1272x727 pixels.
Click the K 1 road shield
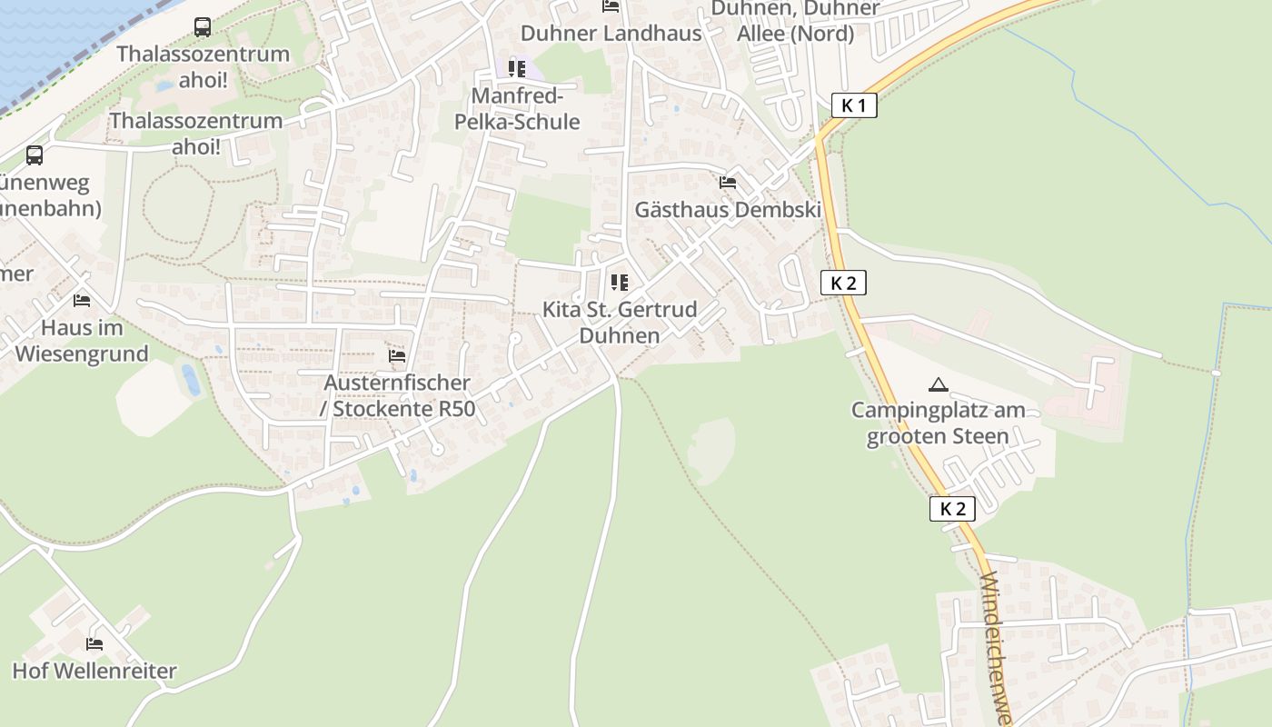pos(854,105)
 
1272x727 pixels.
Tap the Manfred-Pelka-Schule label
pos(525,109)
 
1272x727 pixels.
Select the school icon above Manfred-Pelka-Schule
pos(517,69)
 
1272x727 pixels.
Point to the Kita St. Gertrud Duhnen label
pos(620,322)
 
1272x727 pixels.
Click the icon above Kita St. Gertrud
pos(620,283)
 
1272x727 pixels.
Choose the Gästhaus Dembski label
pos(727,210)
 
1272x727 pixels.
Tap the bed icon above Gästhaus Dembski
pos(727,182)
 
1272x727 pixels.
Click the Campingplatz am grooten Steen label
pos(938,423)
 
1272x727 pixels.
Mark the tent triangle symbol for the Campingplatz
pos(939,384)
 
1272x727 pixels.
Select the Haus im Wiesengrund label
pos(82,341)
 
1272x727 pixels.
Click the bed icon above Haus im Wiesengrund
pos(82,300)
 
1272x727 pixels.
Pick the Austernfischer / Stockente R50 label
pos(398,396)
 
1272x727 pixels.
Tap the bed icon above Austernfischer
pos(397,355)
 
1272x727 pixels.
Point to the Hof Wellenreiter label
pos(94,672)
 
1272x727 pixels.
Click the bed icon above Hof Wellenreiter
pos(94,644)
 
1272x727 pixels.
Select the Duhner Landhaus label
pos(611,34)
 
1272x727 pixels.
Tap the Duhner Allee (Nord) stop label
pos(795,21)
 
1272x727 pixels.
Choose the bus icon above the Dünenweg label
pos(35,155)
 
